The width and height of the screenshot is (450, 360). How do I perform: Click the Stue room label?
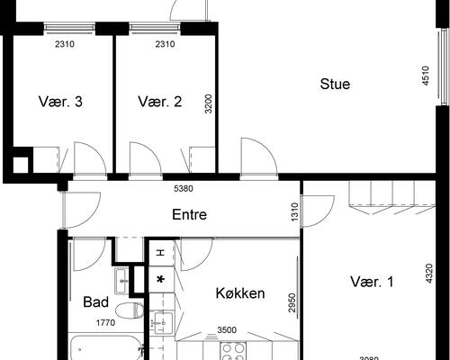[335, 84]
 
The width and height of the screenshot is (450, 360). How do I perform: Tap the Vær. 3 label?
[60, 102]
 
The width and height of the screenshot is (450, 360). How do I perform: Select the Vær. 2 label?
[160, 102]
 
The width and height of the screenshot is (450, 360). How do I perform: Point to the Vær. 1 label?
[372, 282]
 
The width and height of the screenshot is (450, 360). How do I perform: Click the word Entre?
[189, 214]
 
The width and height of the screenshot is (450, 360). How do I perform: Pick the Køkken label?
[240, 293]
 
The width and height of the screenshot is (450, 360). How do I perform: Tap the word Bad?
[95, 301]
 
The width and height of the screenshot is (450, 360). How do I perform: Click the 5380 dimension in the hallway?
[184, 189]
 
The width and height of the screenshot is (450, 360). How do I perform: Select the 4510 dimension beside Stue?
[426, 76]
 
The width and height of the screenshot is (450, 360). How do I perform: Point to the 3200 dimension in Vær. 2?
[208, 103]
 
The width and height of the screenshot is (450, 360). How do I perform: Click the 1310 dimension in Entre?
[295, 212]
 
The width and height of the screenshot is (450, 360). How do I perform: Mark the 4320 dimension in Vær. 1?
[429, 274]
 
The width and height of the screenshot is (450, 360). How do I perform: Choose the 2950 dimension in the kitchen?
[292, 302]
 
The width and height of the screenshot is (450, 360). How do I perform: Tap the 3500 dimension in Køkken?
[227, 330]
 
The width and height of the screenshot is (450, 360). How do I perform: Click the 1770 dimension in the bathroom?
[105, 323]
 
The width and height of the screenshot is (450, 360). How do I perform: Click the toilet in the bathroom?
[130, 310]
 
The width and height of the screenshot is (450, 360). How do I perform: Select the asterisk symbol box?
[161, 280]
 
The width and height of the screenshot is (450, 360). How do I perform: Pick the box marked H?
[162, 253]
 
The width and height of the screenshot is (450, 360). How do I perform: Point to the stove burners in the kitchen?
[233, 351]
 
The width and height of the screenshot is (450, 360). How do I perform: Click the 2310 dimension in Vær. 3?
[65, 44]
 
